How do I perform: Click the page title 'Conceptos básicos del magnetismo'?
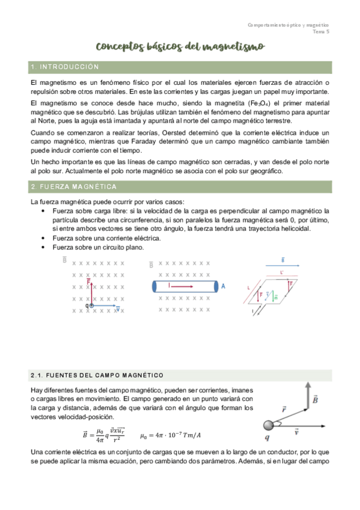(x=180, y=47)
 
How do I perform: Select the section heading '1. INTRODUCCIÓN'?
(x=64, y=67)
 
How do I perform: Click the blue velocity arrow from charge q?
(x=106, y=306)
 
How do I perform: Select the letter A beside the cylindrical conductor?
(x=224, y=287)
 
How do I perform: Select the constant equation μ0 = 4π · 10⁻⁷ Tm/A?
(x=171, y=435)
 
